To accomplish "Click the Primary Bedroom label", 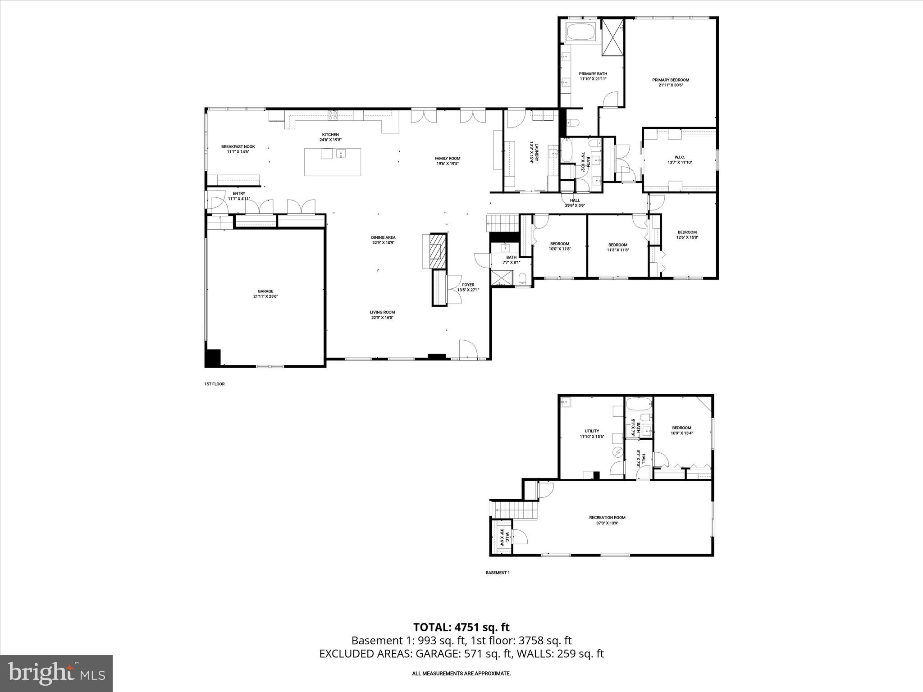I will [x=671, y=82].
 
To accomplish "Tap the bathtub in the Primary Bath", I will [x=581, y=32].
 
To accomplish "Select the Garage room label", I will [x=265, y=294].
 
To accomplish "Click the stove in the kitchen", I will [x=333, y=115].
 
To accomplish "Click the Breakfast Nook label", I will [x=238, y=149].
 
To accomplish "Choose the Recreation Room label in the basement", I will [x=607, y=520].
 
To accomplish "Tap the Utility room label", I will [x=591, y=433].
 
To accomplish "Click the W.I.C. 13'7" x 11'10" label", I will [x=679, y=159].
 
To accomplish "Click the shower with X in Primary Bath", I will [x=613, y=37].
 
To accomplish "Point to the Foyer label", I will [x=468, y=287].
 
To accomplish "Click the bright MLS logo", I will [x=56, y=673].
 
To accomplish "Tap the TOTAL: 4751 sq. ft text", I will [x=461, y=627].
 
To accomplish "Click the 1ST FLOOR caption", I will [x=215, y=384].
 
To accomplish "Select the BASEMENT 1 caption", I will [x=498, y=573].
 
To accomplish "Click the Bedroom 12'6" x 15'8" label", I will [x=687, y=235].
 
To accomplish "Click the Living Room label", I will [x=382, y=314].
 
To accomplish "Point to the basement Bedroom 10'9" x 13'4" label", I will [x=681, y=430].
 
